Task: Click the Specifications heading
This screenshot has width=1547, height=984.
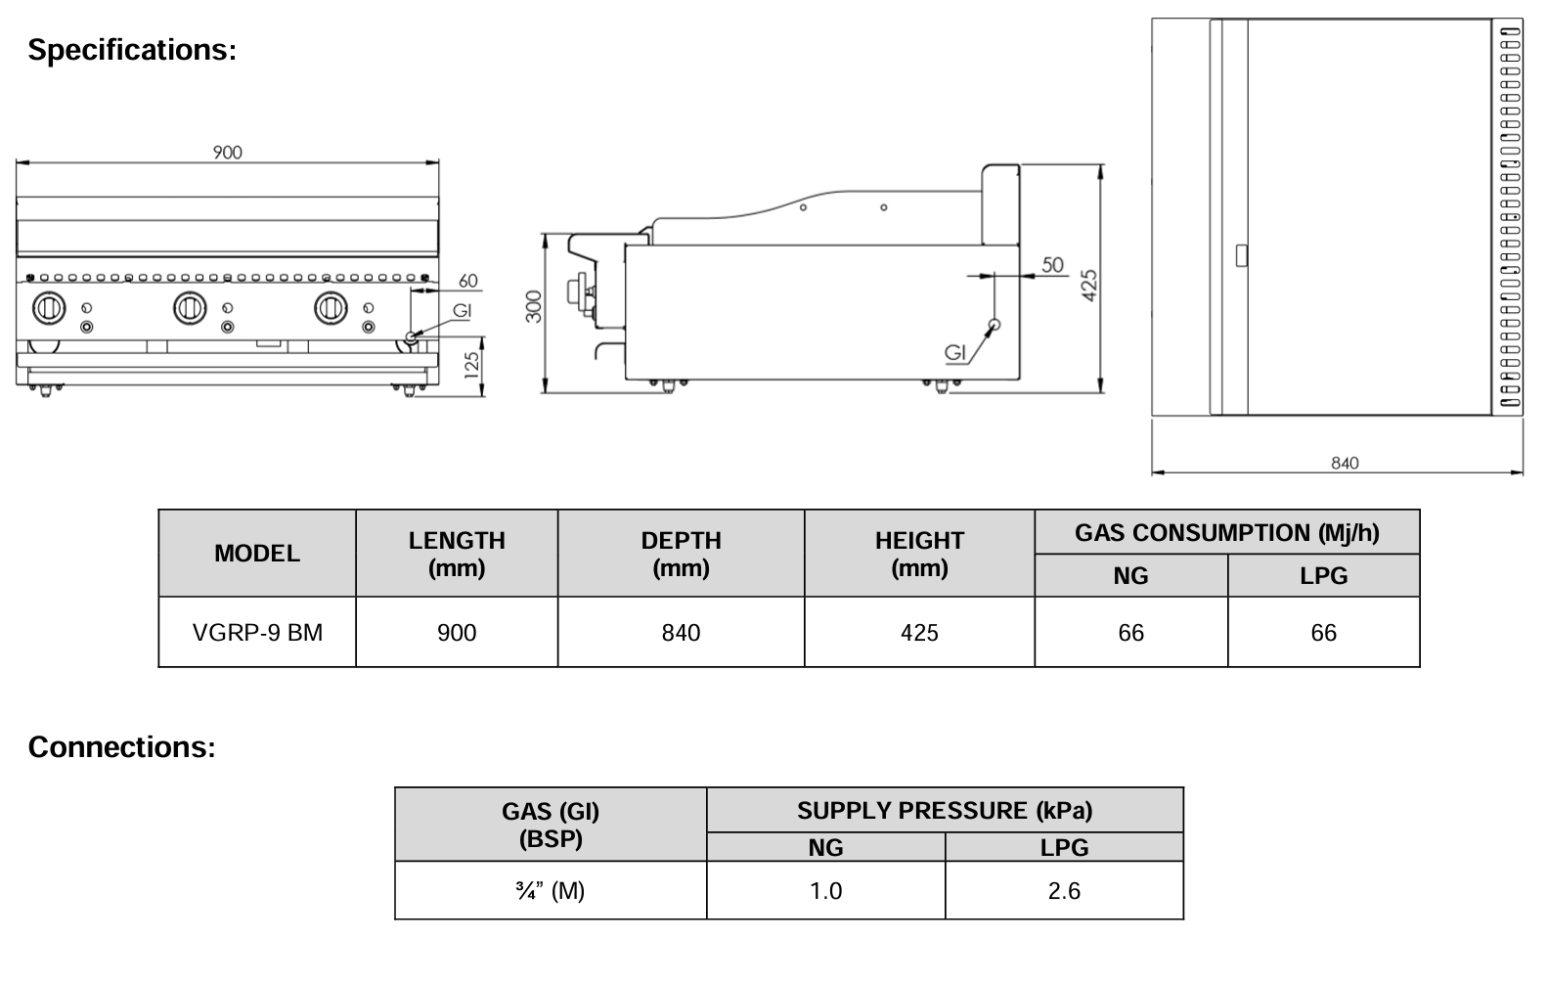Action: [132, 49]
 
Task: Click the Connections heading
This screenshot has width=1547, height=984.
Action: [121, 747]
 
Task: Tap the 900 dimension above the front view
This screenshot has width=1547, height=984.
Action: [227, 153]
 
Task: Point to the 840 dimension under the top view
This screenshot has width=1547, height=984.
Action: [1345, 463]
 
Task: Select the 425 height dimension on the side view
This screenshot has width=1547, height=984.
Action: [1091, 285]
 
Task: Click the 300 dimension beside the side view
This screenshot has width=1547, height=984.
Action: [534, 306]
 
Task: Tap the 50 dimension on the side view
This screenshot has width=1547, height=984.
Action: [1052, 265]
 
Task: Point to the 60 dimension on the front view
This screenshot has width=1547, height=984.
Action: [468, 281]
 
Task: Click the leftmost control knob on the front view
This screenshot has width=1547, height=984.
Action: [49, 308]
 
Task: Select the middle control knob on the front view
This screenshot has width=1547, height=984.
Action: [190, 308]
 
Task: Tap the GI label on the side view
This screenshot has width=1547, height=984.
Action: [955, 353]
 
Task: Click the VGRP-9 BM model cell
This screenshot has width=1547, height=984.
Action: [257, 633]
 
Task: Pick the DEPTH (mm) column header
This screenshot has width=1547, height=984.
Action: [681, 554]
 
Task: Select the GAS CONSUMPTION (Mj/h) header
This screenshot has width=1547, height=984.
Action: [1226, 533]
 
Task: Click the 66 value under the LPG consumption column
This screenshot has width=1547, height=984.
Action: [1323, 633]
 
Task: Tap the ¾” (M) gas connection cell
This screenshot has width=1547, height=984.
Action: [550, 891]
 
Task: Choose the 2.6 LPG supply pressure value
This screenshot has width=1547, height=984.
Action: [1064, 891]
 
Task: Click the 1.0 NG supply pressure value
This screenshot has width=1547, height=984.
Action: [825, 891]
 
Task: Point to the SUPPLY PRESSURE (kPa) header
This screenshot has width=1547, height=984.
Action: [945, 811]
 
